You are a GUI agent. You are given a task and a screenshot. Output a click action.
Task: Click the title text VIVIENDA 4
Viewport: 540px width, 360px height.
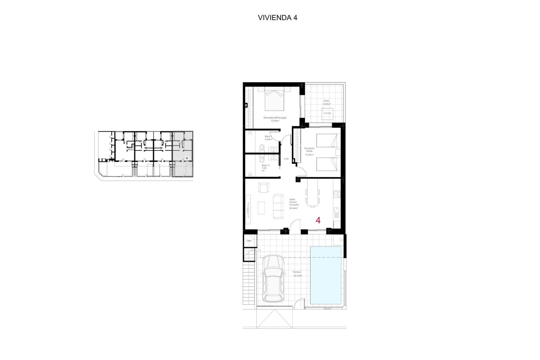pyautogui.click(x=277, y=18)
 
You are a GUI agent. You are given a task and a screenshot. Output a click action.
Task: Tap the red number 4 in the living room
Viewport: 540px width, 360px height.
pyautogui.click(x=318, y=220)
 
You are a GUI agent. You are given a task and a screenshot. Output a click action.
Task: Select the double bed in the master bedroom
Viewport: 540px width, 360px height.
pyautogui.click(x=274, y=99)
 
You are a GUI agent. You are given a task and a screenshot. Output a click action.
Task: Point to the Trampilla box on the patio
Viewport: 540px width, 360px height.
pyautogui.click(x=327, y=113)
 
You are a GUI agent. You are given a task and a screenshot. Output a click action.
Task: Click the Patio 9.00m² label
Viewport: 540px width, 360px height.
pyautogui.click(x=327, y=102)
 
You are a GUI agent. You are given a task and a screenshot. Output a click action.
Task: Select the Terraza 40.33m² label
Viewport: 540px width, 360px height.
pyautogui.click(x=297, y=274)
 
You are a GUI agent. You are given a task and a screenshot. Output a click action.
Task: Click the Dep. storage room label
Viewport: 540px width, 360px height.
pyautogui.click(x=249, y=241)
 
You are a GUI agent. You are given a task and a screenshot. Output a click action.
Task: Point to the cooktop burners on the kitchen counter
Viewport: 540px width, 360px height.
pyautogui.click(x=337, y=194)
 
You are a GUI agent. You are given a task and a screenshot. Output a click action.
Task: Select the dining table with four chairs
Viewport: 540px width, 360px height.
pyautogui.click(x=312, y=193)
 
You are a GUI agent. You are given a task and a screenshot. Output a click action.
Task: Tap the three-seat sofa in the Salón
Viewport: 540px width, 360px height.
pyautogui.click(x=279, y=206)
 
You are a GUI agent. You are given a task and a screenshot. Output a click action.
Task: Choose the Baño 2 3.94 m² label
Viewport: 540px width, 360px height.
pyautogui.click(x=265, y=168)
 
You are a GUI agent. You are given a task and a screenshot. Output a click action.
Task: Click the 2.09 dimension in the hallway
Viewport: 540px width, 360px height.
pyautogui.click(x=286, y=159)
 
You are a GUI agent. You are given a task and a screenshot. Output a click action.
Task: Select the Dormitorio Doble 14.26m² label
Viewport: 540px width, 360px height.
pyautogui.click(x=309, y=151)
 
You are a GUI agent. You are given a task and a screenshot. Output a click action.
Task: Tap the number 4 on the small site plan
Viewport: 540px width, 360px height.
pyautogui.click(x=187, y=158)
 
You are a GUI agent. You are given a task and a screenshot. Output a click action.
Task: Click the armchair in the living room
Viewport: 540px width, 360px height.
pyautogui.click(x=264, y=188)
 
